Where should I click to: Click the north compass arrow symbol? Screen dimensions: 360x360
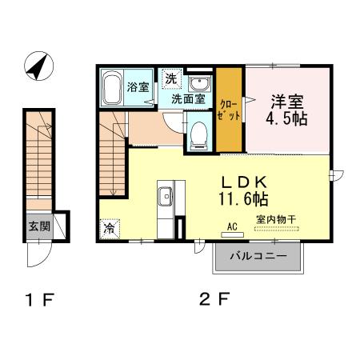pos(37,67)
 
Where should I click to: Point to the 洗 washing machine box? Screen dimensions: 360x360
pos(170,78)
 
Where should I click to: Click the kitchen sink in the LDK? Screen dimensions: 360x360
pos(166,196)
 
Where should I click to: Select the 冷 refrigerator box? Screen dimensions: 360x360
pos(110,227)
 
